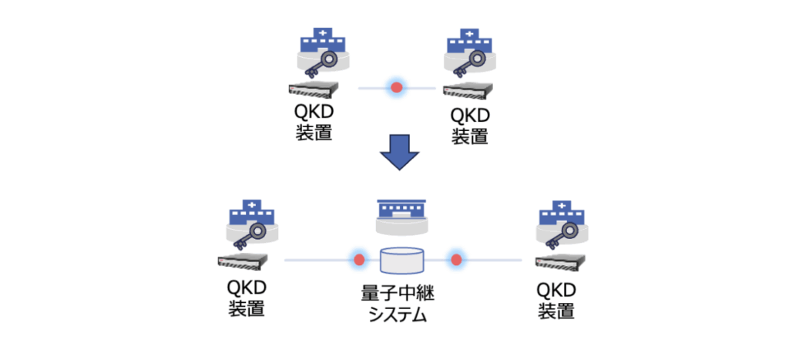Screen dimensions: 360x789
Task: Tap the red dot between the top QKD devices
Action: click(397, 89)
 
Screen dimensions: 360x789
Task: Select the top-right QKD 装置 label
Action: click(470, 126)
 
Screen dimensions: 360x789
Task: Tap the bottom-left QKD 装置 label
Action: click(247, 298)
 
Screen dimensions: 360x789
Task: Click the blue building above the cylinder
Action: click(401, 208)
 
